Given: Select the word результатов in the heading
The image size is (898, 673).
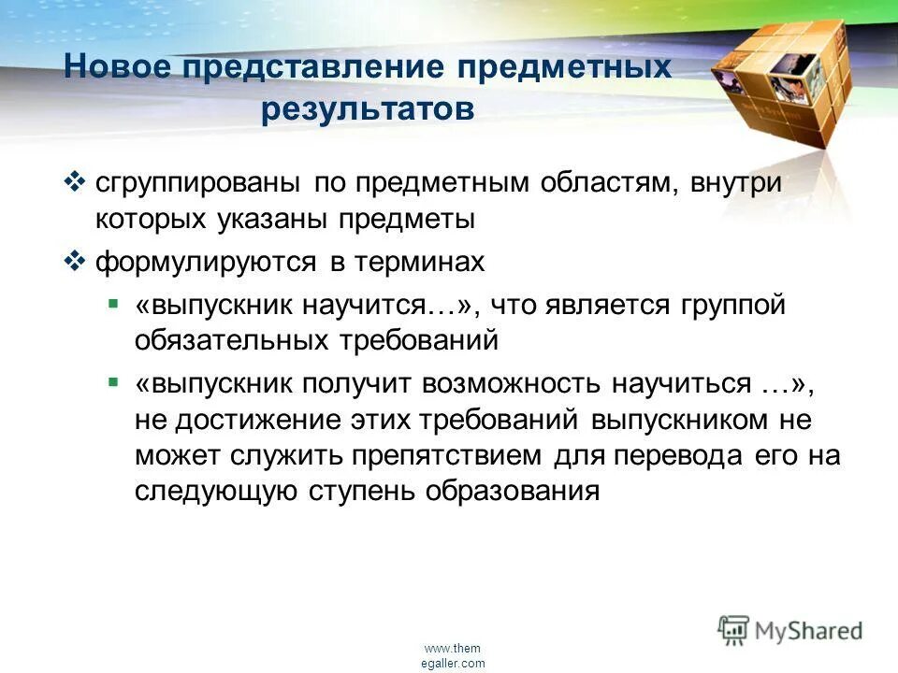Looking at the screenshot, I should point(368,109).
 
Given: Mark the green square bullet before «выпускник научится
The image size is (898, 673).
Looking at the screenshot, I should point(113,304).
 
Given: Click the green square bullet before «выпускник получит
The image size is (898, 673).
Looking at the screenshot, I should point(113,382).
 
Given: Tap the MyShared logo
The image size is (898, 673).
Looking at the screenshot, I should point(790,630).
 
